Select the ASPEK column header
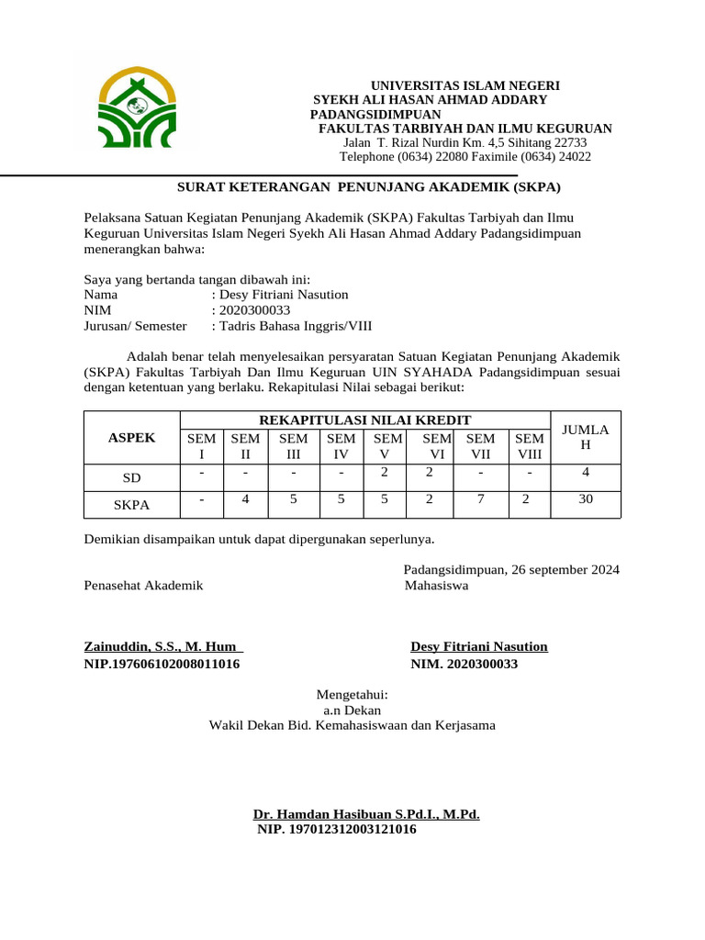pyautogui.click(x=132, y=438)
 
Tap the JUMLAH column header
pyautogui.click(x=585, y=437)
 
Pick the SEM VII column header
pyautogui.click(x=480, y=446)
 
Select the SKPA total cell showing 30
pyautogui.click(x=585, y=499)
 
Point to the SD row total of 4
pyautogui.click(x=585, y=473)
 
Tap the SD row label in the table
pyautogui.click(x=132, y=478)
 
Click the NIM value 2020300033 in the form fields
pyautogui.click(x=251, y=310)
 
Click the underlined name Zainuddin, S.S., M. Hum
pyautogui.click(x=162, y=646)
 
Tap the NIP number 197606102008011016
pyautogui.click(x=162, y=663)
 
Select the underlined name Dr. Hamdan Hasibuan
pyautogui.click(x=366, y=814)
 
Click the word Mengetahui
pyautogui.click(x=352, y=694)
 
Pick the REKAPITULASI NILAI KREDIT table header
pyautogui.click(x=364, y=420)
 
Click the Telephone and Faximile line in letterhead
pyautogui.click(x=464, y=157)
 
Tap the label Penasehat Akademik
pyautogui.click(x=143, y=586)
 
